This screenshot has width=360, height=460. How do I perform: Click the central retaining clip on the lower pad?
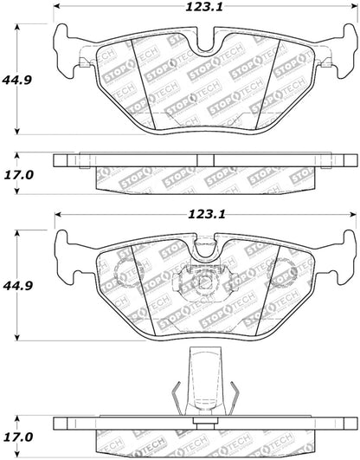(200, 282)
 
